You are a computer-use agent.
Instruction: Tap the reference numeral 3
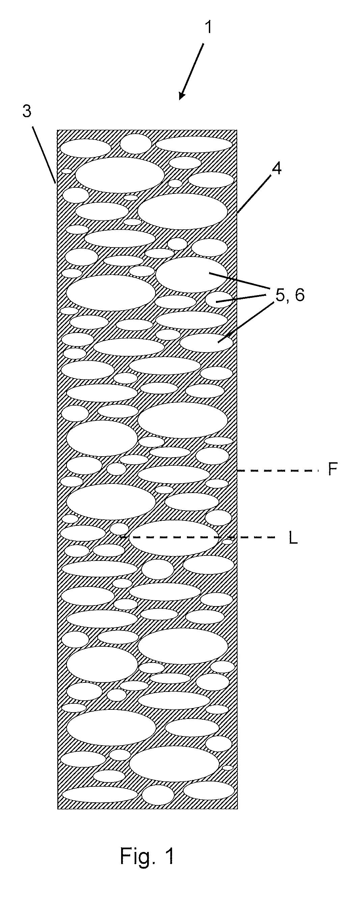click(x=27, y=111)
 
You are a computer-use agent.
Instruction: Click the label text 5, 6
click(x=289, y=295)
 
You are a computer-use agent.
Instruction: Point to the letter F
click(x=333, y=469)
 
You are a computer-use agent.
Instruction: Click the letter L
click(x=293, y=538)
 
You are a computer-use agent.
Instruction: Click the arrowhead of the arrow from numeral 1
click(x=182, y=95)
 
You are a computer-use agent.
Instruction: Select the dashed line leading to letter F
click(x=278, y=470)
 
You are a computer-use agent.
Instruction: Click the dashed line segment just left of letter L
click(x=197, y=537)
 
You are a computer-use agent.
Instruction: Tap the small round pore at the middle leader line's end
click(x=218, y=300)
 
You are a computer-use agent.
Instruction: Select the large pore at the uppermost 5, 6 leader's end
click(x=191, y=274)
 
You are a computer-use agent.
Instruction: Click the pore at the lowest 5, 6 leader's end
click(x=206, y=343)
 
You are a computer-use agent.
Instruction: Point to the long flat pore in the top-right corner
click(x=194, y=145)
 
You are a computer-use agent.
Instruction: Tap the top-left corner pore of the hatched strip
click(x=85, y=148)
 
